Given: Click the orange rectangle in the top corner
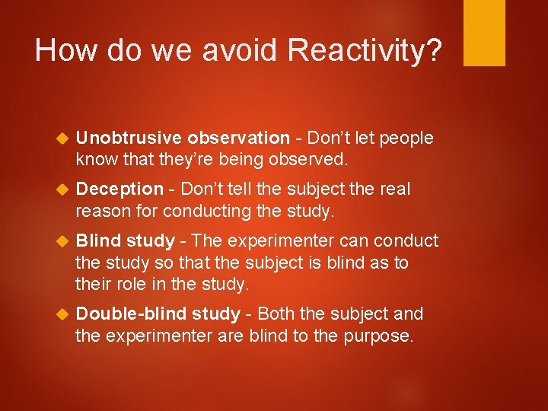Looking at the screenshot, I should click(x=484, y=33).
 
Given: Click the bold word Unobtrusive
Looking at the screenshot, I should click(x=129, y=138).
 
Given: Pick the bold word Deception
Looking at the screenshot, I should click(x=119, y=189).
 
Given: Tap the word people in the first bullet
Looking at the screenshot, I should click(x=406, y=138).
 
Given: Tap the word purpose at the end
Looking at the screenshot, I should click(x=378, y=336).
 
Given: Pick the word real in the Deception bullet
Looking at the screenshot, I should click(x=395, y=189).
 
